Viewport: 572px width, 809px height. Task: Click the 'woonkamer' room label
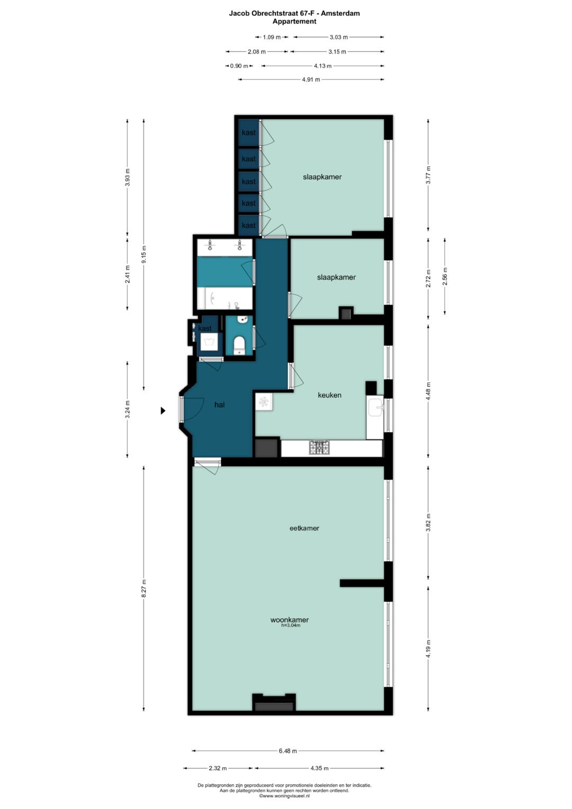[289, 619]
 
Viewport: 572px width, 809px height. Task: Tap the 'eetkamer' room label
[304, 528]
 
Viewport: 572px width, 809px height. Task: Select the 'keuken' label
[329, 395]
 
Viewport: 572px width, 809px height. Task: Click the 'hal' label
[219, 404]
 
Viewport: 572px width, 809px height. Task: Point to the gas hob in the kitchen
[319, 448]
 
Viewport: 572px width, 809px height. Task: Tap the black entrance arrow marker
[163, 411]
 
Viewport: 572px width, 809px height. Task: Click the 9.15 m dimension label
[144, 254]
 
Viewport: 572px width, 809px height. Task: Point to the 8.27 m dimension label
[144, 589]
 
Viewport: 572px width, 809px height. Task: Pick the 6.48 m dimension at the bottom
[288, 751]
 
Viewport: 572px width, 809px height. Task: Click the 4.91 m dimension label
[311, 79]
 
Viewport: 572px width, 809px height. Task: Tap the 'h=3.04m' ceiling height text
[291, 626]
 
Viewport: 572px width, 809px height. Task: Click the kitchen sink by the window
[377, 407]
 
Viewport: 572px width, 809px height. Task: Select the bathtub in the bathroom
[225, 298]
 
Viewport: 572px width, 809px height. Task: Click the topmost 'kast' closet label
[248, 132]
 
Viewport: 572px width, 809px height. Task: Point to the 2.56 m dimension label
[445, 276]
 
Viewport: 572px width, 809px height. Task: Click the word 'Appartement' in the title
[294, 22]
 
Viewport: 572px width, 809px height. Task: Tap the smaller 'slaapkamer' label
[336, 277]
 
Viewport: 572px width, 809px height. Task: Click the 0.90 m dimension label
[239, 66]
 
